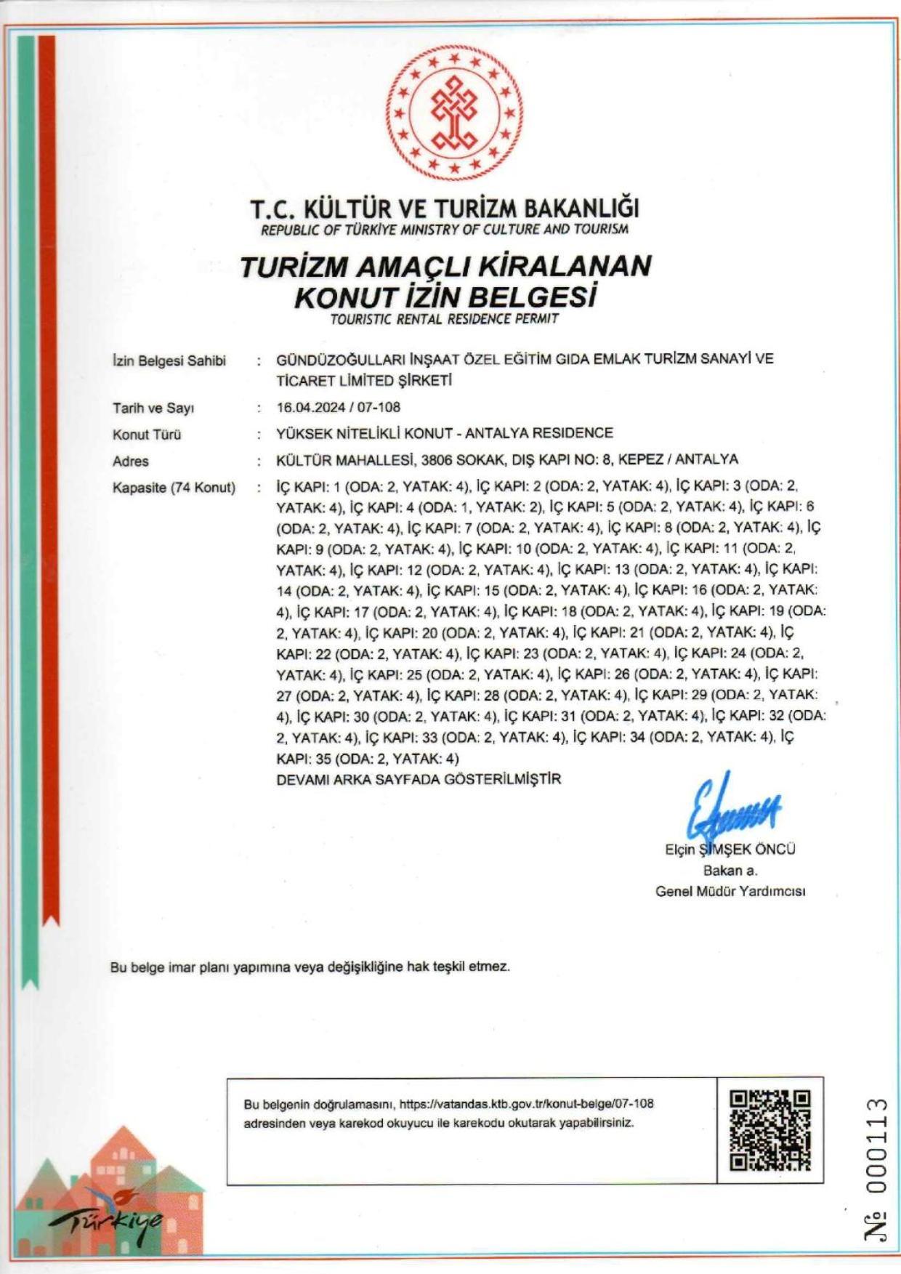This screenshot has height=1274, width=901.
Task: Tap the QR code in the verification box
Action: point(769,1131)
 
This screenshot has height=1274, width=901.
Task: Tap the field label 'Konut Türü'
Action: point(147,435)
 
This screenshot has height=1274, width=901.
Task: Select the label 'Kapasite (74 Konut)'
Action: point(174,488)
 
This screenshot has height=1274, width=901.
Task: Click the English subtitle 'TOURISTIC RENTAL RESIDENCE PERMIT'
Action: point(444,319)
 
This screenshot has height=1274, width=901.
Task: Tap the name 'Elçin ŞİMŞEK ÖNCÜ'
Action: point(730,850)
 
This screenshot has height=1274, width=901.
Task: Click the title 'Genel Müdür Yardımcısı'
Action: point(730,892)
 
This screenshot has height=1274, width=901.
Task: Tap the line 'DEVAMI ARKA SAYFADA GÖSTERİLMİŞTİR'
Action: point(419,779)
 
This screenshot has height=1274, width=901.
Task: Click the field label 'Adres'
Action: point(131,461)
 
